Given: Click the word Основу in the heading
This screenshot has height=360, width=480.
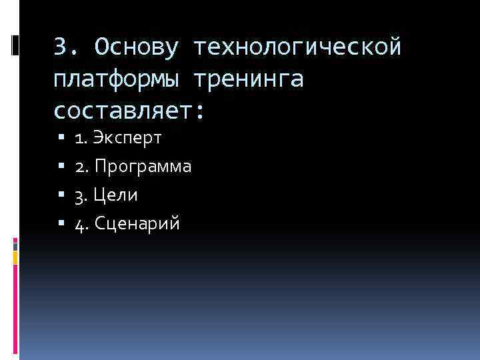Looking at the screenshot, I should (x=137, y=47).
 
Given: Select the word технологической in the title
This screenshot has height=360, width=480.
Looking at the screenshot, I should (x=298, y=47).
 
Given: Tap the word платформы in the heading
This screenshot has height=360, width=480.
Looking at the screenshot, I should (x=115, y=80).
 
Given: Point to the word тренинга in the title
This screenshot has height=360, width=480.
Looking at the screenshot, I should (x=248, y=80).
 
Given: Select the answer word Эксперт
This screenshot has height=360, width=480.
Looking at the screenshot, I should (x=128, y=139).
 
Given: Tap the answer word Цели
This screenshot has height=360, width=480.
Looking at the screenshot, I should (x=116, y=195).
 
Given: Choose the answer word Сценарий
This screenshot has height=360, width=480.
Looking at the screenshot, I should (x=137, y=224).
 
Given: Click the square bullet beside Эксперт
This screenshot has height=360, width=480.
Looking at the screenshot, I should (x=61, y=139).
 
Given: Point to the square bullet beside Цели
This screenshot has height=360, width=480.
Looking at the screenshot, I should (x=61, y=195).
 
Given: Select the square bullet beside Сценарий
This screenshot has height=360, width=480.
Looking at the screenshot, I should (x=61, y=224).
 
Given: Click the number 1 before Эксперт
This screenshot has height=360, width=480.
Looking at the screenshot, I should (x=80, y=139).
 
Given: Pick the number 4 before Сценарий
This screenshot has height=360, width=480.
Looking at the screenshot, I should (x=80, y=224).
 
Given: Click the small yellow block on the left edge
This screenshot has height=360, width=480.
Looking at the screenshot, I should (x=15, y=255).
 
